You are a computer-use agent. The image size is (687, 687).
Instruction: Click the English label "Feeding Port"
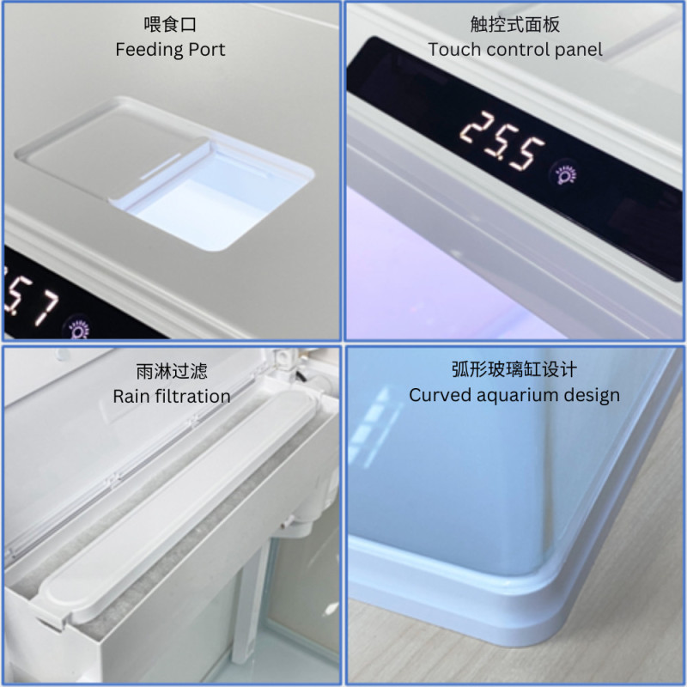click(x=170, y=50)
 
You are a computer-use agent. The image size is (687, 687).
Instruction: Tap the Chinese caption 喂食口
click(x=170, y=24)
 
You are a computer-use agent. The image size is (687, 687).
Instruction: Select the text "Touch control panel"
click(x=515, y=50)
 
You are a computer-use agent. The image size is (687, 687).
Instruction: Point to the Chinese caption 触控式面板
click(x=515, y=24)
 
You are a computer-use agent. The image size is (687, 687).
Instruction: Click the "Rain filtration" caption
click(x=172, y=396)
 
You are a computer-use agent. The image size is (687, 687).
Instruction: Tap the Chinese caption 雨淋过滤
click(x=172, y=371)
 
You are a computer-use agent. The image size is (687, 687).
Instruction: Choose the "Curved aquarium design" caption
click(x=514, y=395)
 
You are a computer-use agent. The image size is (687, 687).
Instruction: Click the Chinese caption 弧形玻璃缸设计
click(x=514, y=369)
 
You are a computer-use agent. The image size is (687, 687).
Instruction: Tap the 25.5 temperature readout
click(x=502, y=141)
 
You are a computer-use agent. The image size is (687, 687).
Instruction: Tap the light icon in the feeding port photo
click(x=78, y=328)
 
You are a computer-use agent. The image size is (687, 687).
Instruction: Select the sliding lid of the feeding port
click(x=112, y=149)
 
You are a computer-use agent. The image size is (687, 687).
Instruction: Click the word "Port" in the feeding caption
click(x=207, y=50)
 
